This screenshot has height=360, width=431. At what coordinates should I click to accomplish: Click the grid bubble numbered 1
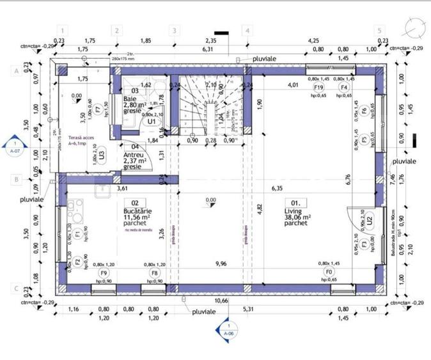tap(62, 30)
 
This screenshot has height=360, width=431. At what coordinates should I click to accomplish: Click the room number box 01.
tap(295, 203)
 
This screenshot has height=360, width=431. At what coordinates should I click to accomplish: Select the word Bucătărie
tap(137, 210)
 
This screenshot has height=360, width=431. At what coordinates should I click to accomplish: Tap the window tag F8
tap(155, 272)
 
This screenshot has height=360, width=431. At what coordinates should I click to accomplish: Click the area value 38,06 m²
tap(297, 217)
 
